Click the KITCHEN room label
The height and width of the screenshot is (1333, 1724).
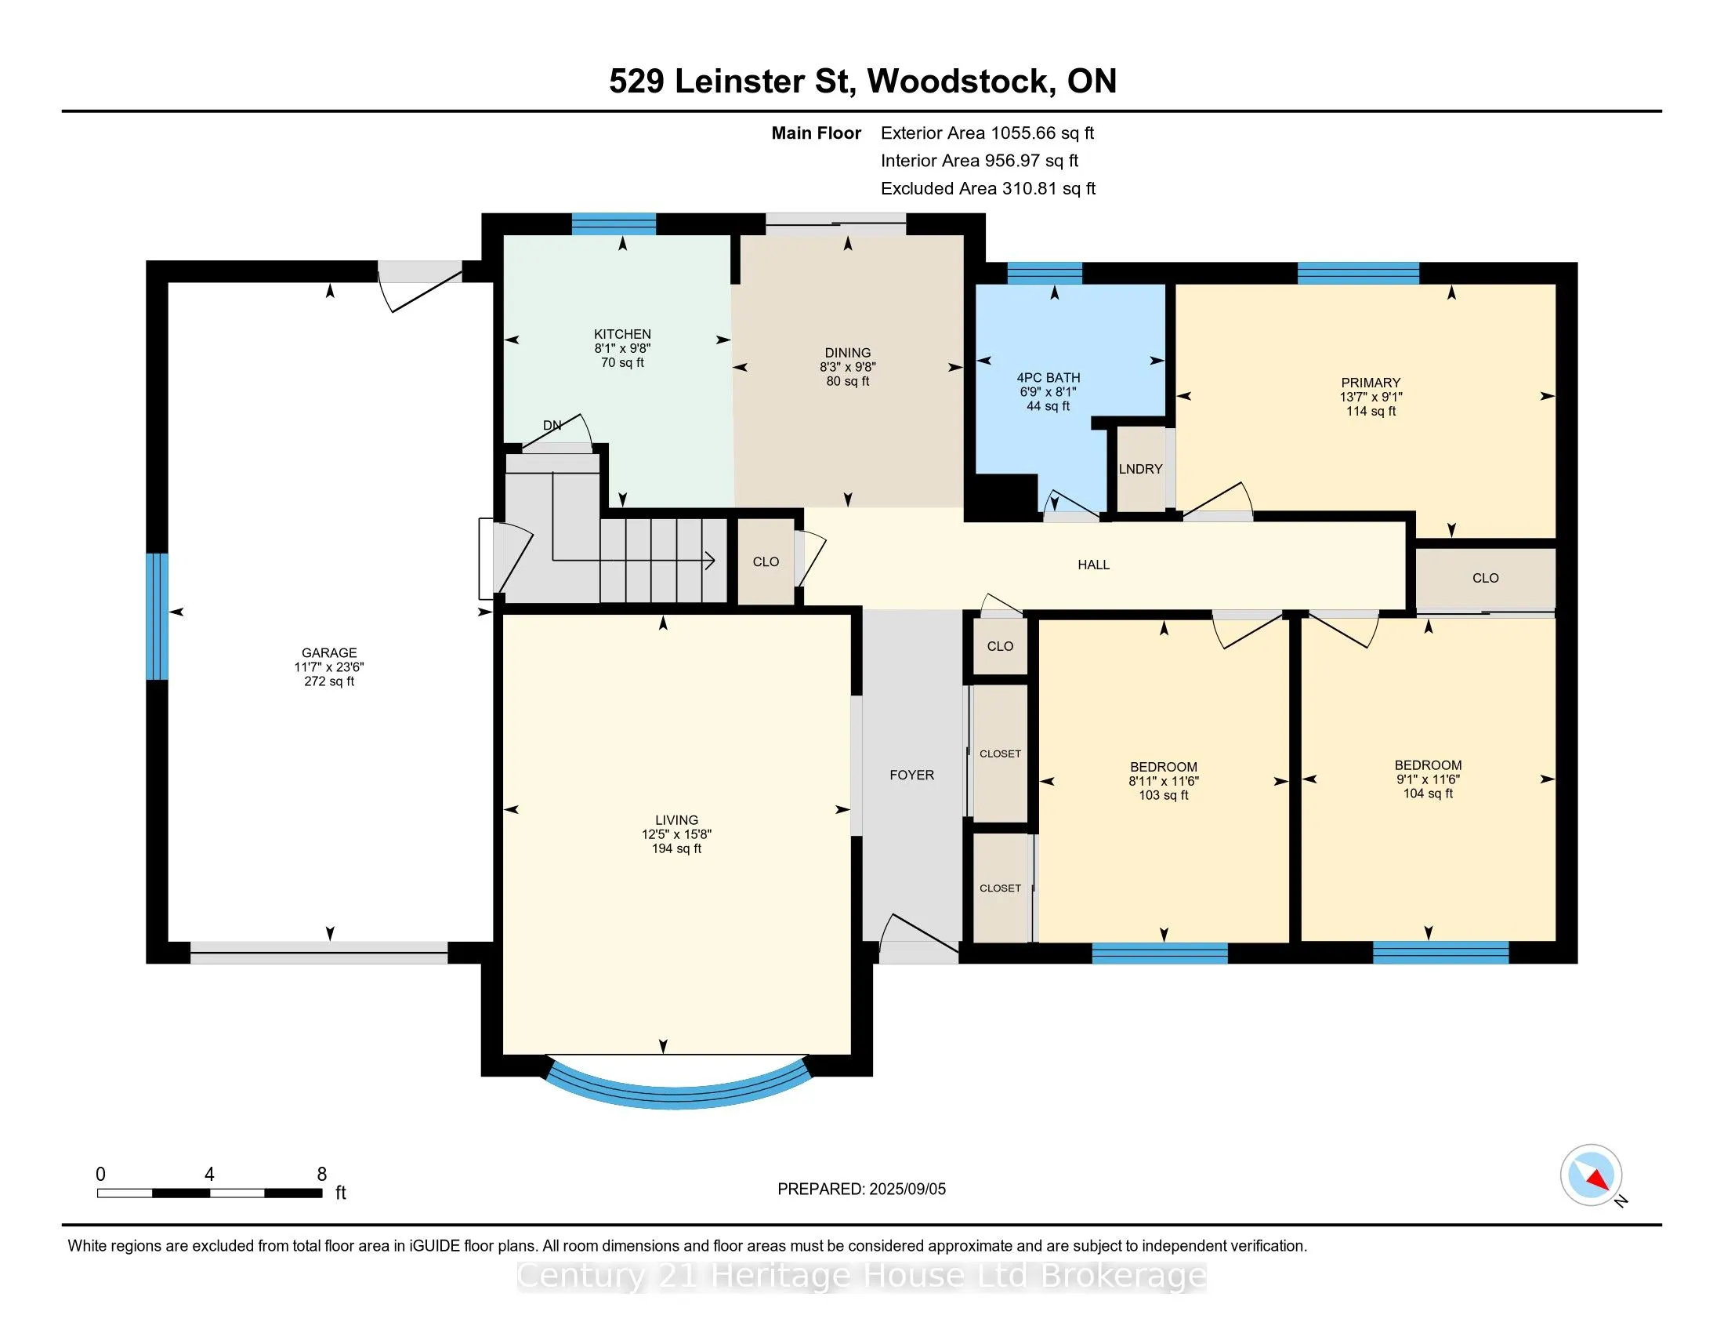tap(622, 334)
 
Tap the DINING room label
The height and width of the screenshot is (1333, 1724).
tap(848, 353)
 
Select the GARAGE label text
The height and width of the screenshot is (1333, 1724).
tap(329, 653)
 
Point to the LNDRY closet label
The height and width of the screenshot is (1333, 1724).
tap(1141, 469)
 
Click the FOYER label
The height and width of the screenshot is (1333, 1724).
tap(911, 775)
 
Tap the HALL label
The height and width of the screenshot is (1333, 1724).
tap(1093, 565)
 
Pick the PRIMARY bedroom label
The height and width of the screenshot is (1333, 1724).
tap(1371, 383)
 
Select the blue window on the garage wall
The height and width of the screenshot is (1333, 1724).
tap(157, 616)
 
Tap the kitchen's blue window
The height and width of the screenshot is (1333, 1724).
tap(614, 224)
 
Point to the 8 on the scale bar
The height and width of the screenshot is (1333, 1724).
tap(321, 1175)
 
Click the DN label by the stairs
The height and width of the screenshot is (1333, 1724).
tap(552, 426)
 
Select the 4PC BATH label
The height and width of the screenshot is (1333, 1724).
tap(1049, 378)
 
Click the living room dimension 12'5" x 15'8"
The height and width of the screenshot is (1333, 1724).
tap(676, 835)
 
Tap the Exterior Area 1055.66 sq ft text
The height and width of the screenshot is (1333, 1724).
tap(987, 133)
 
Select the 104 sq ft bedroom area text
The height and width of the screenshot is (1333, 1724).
tap(1428, 794)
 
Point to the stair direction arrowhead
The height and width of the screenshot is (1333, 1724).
tap(710, 561)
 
